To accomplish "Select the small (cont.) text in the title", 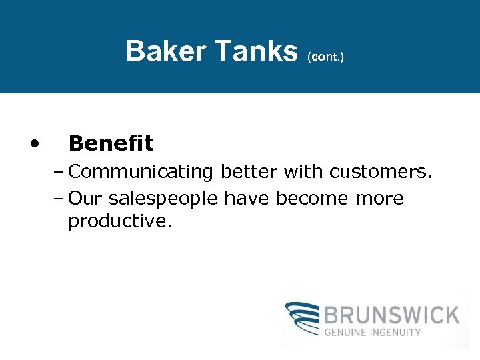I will (x=325, y=57).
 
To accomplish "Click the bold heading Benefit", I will (x=111, y=143).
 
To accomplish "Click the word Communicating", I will (x=140, y=173).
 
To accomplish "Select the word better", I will (x=248, y=172).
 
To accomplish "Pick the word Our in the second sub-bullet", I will (x=85, y=199).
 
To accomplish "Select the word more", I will (x=379, y=199).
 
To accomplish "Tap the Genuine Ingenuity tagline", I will (x=373, y=332).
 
